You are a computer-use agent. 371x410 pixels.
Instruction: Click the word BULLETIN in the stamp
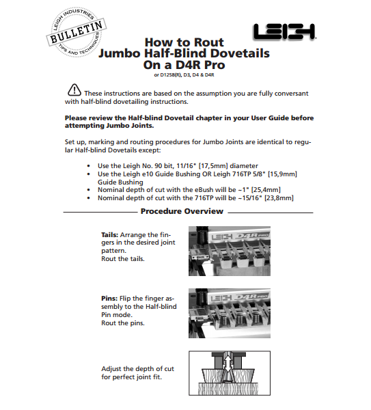pyautogui.click(x=76, y=32)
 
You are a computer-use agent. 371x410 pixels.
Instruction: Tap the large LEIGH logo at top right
pyautogui.click(x=285, y=32)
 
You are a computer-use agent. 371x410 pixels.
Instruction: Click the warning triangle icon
pyautogui.click(x=74, y=90)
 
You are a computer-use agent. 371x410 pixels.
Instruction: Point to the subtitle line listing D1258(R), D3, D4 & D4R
pyautogui.click(x=184, y=75)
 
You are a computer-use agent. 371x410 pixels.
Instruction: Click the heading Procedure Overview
pyautogui.click(x=182, y=211)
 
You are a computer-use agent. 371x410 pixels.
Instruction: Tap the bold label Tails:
pyautogui.click(x=110, y=235)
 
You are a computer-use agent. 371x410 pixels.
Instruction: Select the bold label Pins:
pyautogui.click(x=109, y=299)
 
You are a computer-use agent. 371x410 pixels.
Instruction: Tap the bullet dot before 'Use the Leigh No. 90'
pyautogui.click(x=89, y=166)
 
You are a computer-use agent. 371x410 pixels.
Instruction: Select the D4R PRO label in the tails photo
pyautogui.click(x=250, y=236)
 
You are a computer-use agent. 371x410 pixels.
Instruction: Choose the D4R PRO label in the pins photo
pyautogui.click(x=251, y=297)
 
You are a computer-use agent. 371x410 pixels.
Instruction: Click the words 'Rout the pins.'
pyautogui.click(x=123, y=323)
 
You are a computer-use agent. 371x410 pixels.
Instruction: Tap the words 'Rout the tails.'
pyautogui.click(x=123, y=259)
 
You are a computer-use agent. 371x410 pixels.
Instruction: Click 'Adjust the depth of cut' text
pyautogui.click(x=137, y=369)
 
